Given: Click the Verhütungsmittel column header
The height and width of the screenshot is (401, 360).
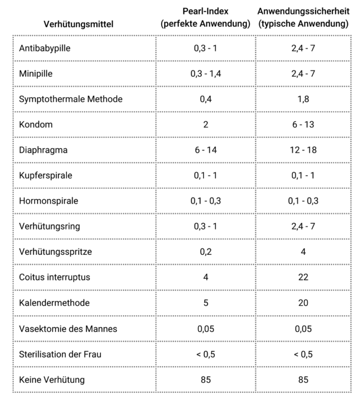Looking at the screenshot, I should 79,24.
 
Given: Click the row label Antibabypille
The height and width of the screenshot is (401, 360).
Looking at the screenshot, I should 45,48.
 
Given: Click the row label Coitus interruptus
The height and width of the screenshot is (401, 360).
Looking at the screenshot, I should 54,277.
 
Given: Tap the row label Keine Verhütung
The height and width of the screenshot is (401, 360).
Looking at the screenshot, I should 52,379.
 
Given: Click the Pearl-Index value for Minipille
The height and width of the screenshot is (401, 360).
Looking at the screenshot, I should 205,74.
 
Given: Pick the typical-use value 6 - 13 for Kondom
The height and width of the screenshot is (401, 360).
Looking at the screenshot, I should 303,125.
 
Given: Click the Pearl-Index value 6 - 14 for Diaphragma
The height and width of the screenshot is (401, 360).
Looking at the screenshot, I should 205,150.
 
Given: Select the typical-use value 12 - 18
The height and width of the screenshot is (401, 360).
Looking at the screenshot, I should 303,150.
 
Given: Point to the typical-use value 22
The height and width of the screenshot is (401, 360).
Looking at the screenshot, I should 303,277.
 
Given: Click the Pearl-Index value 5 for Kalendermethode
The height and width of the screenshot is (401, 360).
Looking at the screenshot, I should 205,303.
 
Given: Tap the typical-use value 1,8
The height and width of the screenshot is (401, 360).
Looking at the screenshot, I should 303,99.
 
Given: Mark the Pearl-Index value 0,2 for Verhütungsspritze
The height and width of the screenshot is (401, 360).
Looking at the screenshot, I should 205,252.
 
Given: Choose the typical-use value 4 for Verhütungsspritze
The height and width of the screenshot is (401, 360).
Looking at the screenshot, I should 303,252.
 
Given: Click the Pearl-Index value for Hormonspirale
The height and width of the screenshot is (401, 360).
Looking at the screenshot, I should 205,201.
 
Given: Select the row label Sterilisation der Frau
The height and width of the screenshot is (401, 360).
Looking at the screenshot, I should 60,354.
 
